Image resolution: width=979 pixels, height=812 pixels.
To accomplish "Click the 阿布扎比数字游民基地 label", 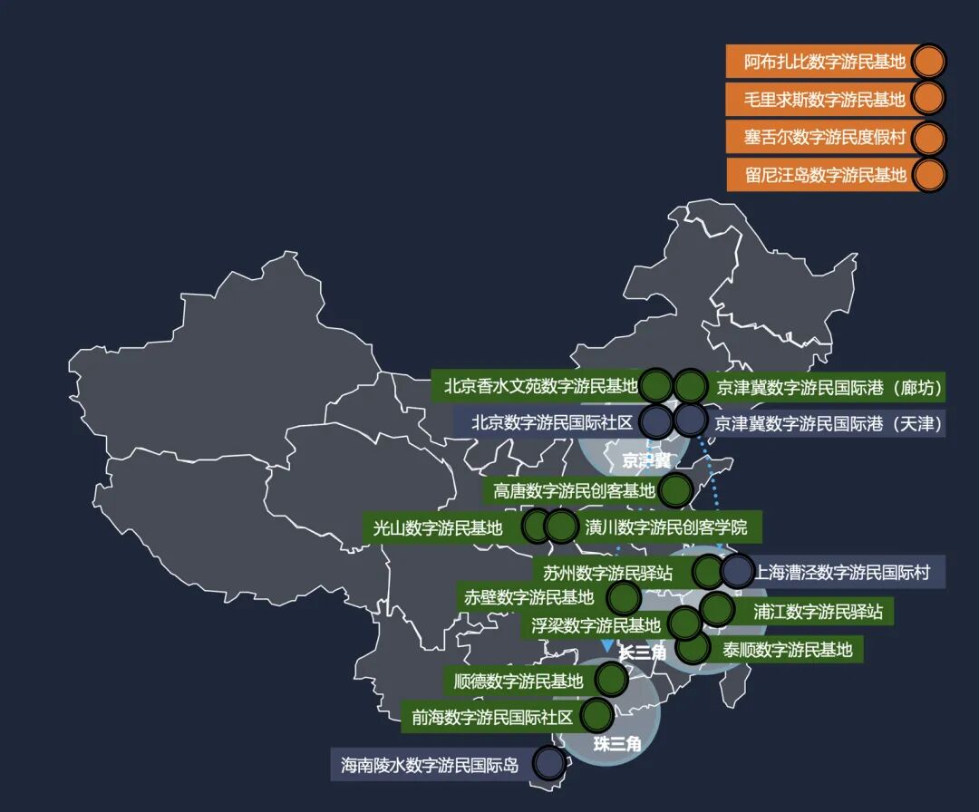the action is (x=824, y=63).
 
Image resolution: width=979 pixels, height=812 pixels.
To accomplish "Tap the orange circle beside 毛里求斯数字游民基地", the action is (x=927, y=99).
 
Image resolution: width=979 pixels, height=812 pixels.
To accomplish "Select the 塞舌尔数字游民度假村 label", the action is (x=824, y=137).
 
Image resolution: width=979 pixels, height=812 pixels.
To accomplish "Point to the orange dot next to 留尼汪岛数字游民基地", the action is (x=927, y=175).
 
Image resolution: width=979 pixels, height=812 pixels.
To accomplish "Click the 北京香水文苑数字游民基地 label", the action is (x=541, y=386).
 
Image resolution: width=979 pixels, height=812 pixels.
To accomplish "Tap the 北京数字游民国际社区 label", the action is (x=551, y=422).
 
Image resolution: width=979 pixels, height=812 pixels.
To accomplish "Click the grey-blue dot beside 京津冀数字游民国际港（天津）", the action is (x=691, y=420).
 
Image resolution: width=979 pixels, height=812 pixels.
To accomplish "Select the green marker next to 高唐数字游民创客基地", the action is (x=675, y=490).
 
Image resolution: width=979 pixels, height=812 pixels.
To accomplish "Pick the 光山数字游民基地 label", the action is (x=437, y=527).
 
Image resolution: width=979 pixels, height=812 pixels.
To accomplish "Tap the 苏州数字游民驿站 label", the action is (x=607, y=573).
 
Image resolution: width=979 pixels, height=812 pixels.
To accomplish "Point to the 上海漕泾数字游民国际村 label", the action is (x=843, y=573).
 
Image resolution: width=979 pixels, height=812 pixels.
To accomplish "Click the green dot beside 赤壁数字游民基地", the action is (x=624, y=597).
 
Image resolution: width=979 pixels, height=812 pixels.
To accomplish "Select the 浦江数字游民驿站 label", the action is (x=818, y=612).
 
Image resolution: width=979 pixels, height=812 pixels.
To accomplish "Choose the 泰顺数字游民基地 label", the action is (x=787, y=649).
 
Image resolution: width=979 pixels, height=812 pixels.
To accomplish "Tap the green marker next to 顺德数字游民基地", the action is (x=612, y=679).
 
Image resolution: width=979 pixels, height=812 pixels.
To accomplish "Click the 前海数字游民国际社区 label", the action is (x=492, y=718).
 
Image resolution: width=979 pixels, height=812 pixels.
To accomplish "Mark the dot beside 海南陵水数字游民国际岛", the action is (x=548, y=763).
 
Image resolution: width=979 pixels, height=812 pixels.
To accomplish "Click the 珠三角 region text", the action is (x=617, y=744).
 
